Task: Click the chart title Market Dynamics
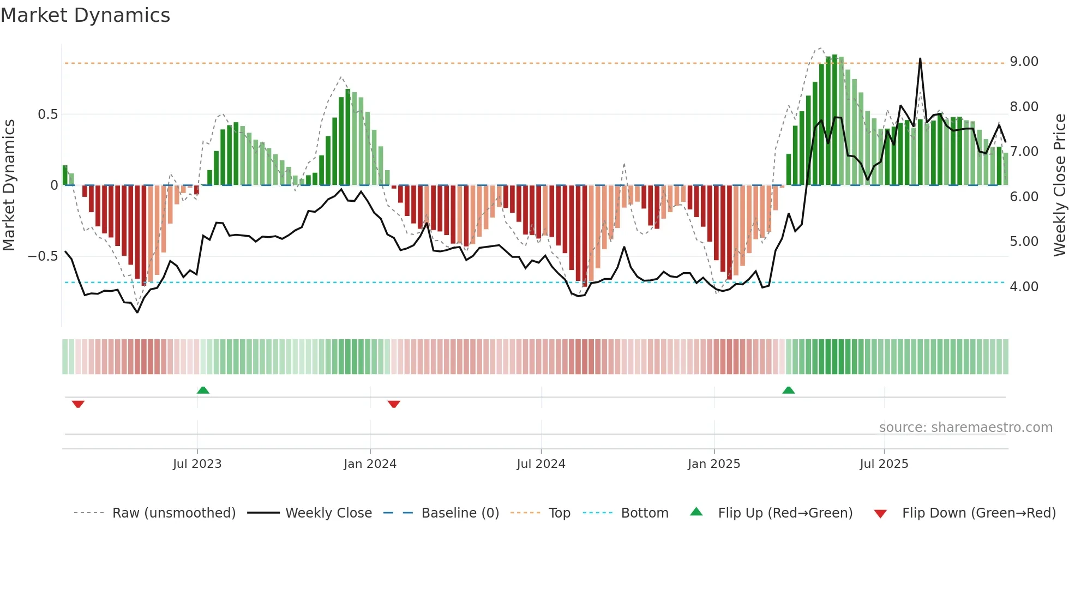[85, 15]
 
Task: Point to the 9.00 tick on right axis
[1024, 62]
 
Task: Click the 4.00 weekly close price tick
[1024, 287]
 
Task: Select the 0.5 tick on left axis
[47, 115]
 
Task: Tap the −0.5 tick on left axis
[43, 256]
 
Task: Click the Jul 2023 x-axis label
[197, 464]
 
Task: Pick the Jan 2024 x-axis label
[370, 464]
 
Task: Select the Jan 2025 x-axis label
[713, 464]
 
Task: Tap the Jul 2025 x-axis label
[884, 464]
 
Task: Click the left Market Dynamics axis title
[9, 185]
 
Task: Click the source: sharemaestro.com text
[965, 428]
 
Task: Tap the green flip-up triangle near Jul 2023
[203, 390]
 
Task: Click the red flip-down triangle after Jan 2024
[394, 404]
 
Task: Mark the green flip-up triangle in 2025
[788, 390]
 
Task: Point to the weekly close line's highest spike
[920, 59]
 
